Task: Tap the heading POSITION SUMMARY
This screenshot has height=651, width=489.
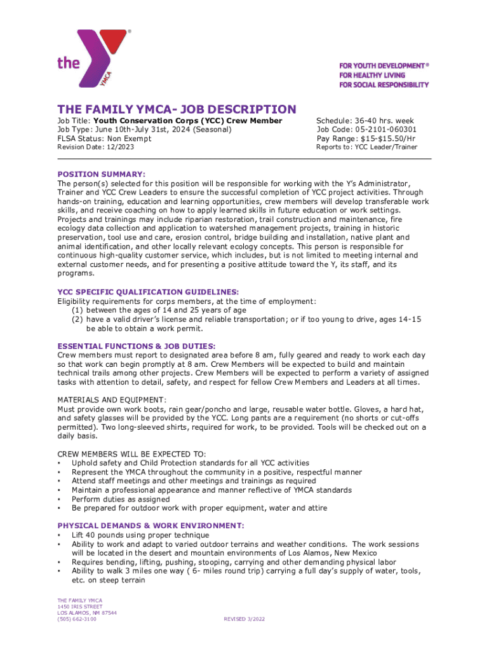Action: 102,174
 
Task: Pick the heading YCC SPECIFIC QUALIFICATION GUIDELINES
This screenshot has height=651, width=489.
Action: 148,292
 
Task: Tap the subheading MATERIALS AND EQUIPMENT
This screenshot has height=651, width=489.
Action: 112,400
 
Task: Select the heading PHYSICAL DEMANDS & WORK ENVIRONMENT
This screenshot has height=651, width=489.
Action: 151,526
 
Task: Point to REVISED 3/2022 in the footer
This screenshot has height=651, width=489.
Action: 245,619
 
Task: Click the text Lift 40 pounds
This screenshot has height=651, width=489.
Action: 109,535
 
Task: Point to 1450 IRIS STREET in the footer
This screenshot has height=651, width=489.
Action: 79,606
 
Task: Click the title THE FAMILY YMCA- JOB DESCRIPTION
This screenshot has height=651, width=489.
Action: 177,109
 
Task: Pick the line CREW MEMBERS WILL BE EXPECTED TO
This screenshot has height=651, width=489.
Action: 131,454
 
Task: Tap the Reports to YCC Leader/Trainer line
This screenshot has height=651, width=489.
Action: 367,147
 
